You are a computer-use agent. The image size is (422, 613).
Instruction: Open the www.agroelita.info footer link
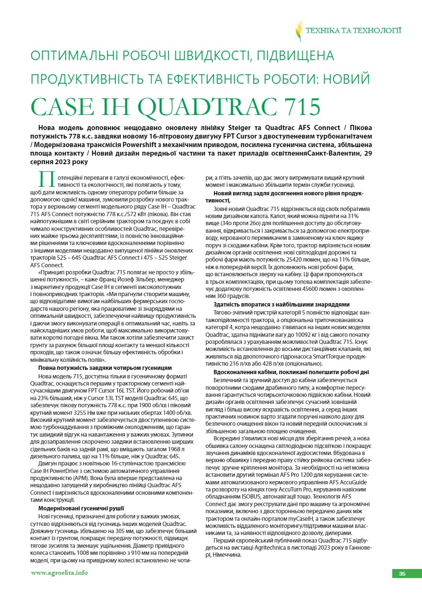point(59,573)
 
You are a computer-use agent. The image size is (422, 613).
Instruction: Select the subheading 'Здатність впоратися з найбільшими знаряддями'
point(281,304)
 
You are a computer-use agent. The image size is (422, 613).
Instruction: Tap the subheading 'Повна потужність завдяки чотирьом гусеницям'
point(105,368)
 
